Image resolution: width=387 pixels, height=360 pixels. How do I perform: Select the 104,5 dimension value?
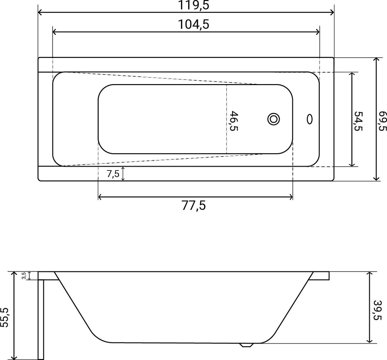pos(193,24)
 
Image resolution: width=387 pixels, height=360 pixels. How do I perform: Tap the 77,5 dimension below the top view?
pos(194,205)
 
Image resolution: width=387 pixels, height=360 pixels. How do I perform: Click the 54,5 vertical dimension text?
pos(359,121)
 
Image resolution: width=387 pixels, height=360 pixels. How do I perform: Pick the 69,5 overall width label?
pos(383,121)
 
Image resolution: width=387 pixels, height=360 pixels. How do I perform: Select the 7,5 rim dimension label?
pos(113,174)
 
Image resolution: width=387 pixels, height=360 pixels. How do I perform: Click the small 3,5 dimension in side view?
pos(24,276)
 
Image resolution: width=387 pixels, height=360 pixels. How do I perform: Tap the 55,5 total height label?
pos(5,317)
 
